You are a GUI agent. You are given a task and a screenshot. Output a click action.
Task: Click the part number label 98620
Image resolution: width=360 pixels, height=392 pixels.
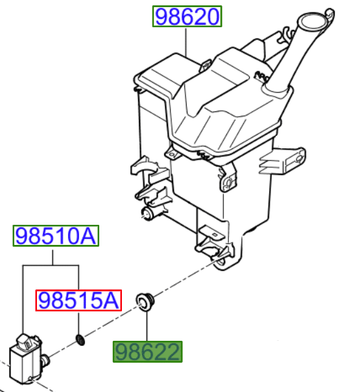(187, 16)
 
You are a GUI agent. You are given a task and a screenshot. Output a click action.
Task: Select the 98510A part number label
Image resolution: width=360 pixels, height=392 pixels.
(56, 236)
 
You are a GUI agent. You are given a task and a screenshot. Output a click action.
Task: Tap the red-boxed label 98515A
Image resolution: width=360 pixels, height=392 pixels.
(78, 300)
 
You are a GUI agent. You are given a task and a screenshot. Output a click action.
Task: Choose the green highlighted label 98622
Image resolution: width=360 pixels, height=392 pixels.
(147, 351)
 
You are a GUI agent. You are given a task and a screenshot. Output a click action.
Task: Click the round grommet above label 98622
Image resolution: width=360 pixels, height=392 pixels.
(145, 302)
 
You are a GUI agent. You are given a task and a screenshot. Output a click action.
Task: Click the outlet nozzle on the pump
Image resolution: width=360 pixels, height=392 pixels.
(45, 361)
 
